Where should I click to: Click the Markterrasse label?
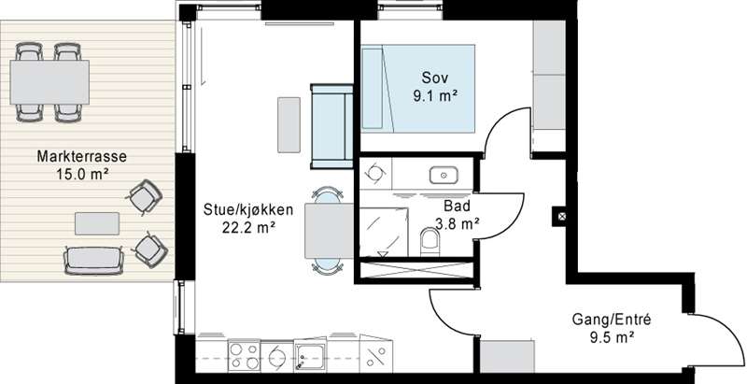(x=82, y=156)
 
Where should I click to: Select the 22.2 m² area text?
(x=248, y=227)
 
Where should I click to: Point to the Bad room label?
(x=457, y=206)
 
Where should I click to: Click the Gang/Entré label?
(x=612, y=320)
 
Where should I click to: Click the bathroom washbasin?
(x=444, y=176)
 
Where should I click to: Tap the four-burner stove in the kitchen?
(x=244, y=356)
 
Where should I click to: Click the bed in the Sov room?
(x=418, y=88)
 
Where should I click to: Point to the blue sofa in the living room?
(x=332, y=126)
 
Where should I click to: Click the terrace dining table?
(x=49, y=82)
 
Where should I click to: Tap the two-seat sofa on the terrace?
(x=94, y=261)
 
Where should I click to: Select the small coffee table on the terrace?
(x=97, y=223)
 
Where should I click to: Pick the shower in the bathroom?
(x=384, y=233)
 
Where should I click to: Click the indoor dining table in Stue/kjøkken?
(x=329, y=231)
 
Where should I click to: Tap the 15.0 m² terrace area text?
(x=82, y=174)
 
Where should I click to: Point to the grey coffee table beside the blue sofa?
(x=289, y=125)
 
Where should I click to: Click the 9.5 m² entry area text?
(x=612, y=337)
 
